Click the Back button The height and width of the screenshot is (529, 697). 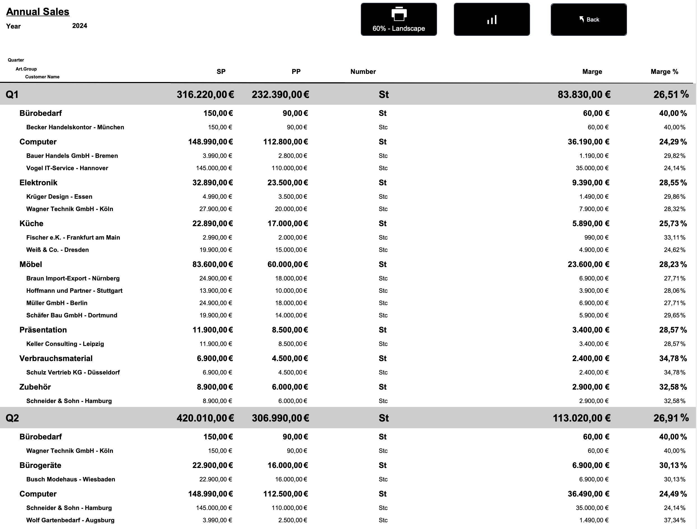click(588, 20)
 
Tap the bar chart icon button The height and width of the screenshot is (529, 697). click(492, 20)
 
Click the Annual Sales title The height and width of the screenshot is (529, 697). click(38, 12)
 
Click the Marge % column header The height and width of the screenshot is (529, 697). click(664, 71)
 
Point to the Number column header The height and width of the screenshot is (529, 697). click(363, 71)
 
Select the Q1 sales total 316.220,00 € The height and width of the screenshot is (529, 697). click(205, 95)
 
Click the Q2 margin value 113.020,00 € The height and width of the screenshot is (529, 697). click(581, 418)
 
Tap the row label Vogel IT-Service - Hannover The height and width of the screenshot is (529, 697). click(67, 168)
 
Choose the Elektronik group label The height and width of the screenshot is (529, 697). click(38, 182)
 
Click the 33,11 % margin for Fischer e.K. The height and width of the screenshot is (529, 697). click(674, 237)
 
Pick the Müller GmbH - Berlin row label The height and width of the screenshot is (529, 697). click(57, 303)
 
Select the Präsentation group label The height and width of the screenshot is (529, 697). click(43, 330)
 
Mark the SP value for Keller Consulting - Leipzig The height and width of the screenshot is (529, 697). click(215, 344)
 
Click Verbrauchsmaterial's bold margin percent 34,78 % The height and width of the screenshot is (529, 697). click(673, 358)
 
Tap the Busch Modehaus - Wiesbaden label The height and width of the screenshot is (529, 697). click(71, 479)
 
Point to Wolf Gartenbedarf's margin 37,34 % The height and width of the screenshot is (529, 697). click(674, 520)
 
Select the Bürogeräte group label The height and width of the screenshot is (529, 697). click(40, 465)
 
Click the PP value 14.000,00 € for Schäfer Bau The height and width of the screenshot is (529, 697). click(291, 315)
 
